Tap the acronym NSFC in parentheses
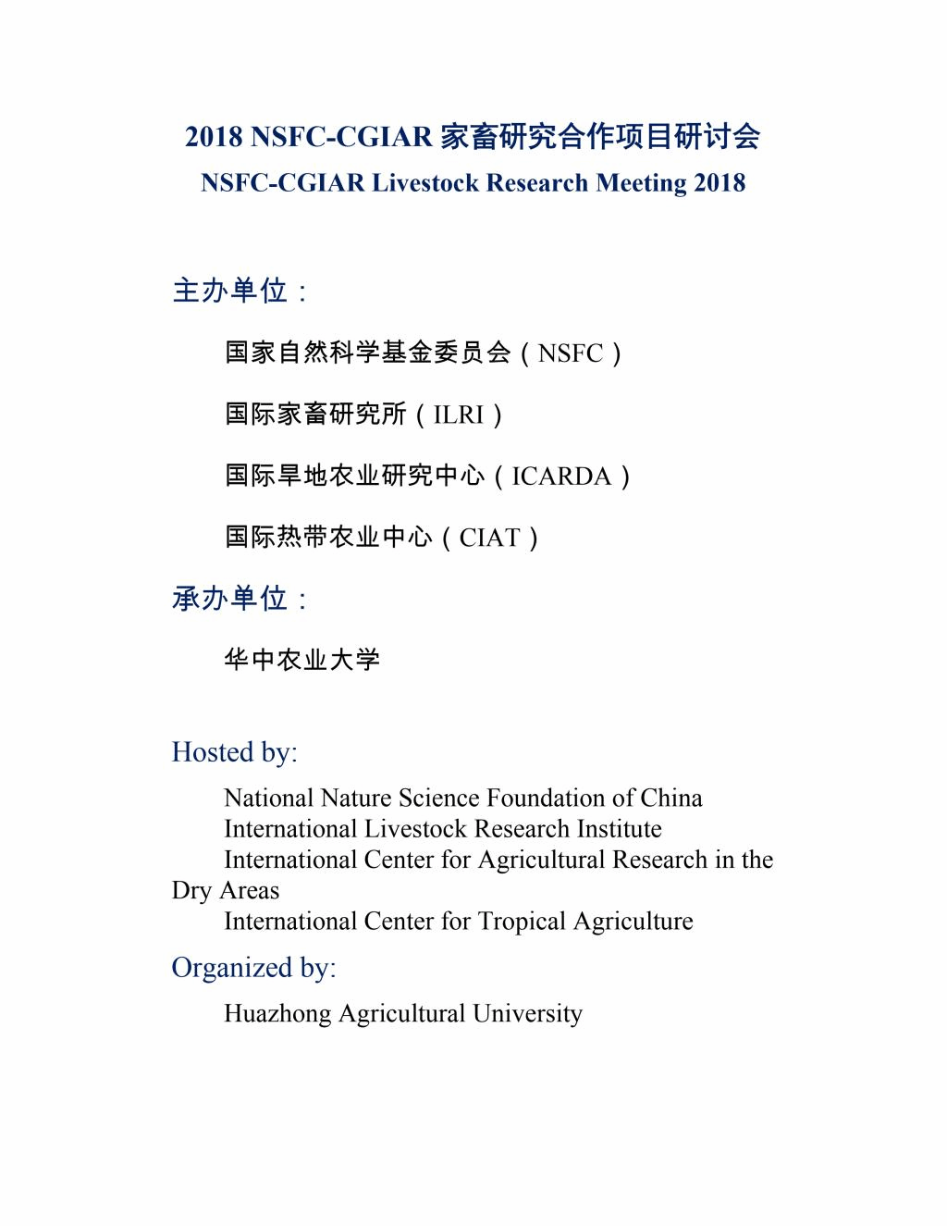tap(570, 353)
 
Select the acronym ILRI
tap(459, 415)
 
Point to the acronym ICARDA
tap(561, 477)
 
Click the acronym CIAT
tap(489, 538)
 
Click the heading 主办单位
tap(230, 291)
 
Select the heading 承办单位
tap(230, 599)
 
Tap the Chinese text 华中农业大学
tap(302, 660)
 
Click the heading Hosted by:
tap(235, 752)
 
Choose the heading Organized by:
tap(253, 968)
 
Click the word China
tap(671, 799)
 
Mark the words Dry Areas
tap(226, 891)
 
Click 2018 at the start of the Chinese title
tap(214, 137)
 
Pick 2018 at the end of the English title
tap(719, 183)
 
